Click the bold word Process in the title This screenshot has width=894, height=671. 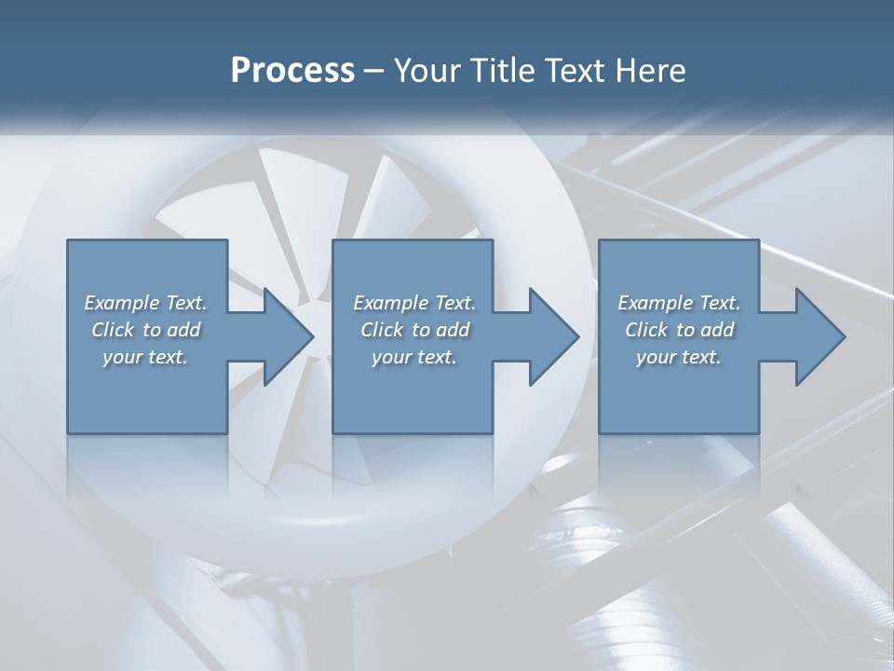[292, 71]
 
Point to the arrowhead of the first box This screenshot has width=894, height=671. [290, 336]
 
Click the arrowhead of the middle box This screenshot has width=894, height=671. [555, 336]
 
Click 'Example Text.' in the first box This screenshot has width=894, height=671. [146, 303]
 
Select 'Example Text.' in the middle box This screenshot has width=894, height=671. [414, 303]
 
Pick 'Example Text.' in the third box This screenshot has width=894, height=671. [679, 303]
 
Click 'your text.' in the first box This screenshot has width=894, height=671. [145, 357]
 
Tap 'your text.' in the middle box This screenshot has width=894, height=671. [413, 357]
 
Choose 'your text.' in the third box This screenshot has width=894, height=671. [678, 357]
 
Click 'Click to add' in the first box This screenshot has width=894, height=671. [146, 330]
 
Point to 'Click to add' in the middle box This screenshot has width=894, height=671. [414, 330]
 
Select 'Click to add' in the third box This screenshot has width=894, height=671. [679, 330]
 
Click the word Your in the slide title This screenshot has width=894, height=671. [421, 71]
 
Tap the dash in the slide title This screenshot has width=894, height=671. [373, 72]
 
